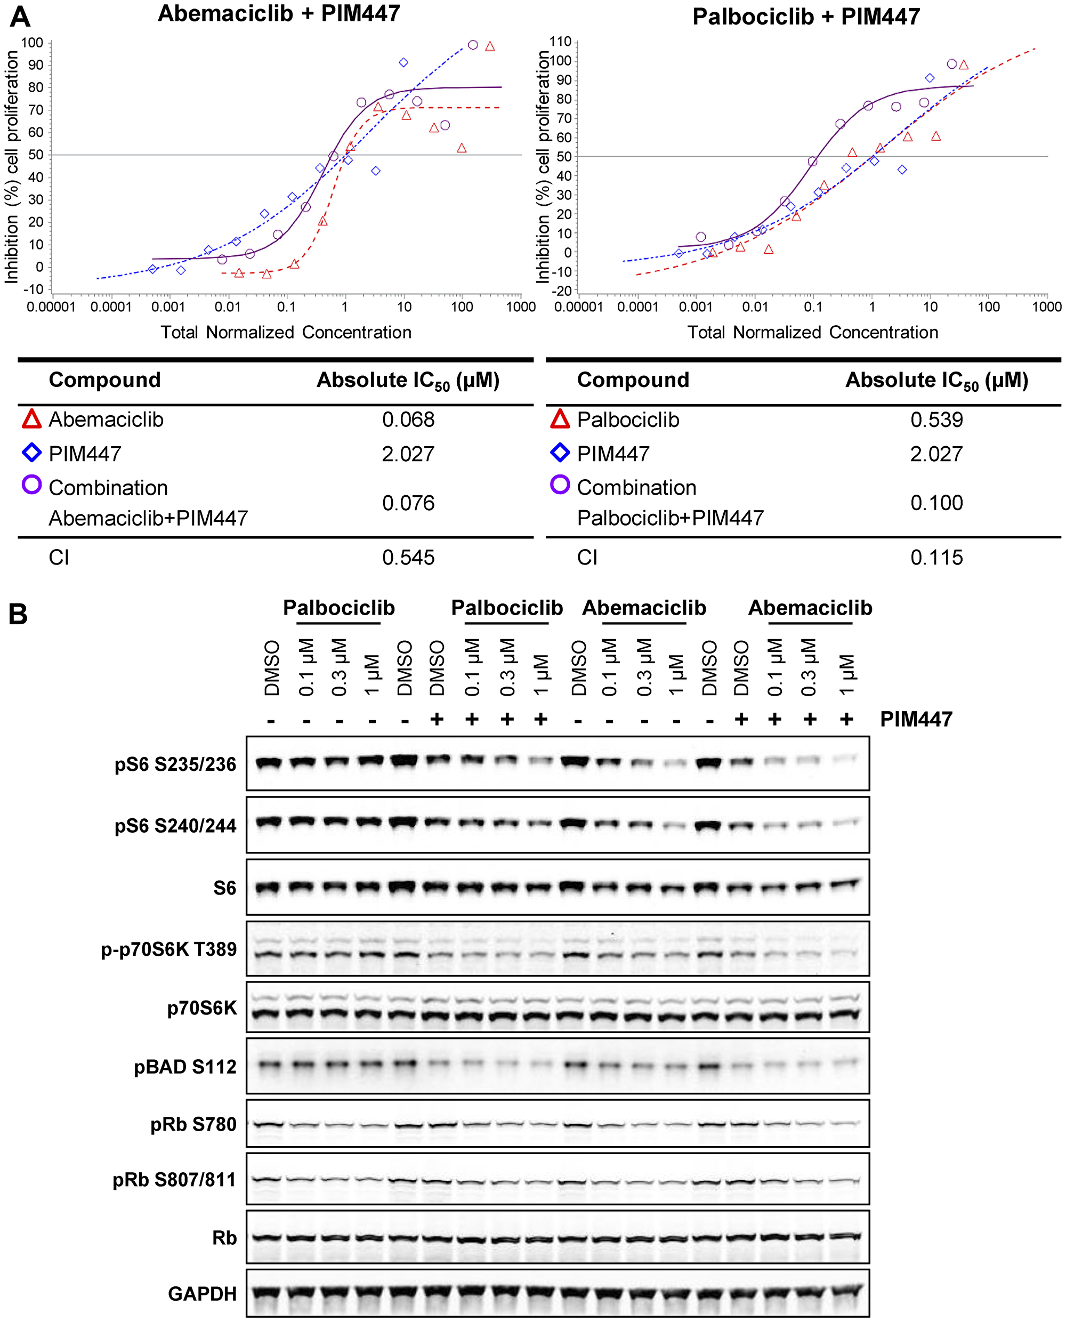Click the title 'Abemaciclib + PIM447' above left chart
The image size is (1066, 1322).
(279, 14)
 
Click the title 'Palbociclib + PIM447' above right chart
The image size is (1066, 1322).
(806, 17)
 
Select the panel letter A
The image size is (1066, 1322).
(20, 17)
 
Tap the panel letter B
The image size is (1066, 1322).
(18, 614)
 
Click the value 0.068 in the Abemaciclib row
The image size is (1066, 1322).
(408, 420)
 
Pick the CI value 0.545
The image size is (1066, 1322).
(408, 558)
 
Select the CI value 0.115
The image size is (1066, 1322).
(936, 558)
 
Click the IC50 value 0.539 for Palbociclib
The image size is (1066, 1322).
(936, 420)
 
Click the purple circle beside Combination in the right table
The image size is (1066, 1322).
(560, 485)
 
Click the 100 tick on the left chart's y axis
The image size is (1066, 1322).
(32, 42)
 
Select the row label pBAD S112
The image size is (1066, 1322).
(185, 1067)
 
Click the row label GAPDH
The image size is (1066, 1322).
(202, 1294)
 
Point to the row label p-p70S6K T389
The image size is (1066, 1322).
(169, 949)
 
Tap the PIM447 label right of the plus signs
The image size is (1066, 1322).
(916, 719)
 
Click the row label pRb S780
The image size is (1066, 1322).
(193, 1124)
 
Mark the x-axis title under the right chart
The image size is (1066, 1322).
(812, 332)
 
